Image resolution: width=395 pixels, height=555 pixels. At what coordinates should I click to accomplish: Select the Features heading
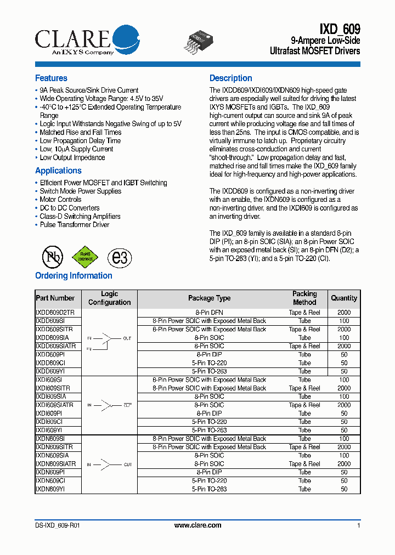(51, 78)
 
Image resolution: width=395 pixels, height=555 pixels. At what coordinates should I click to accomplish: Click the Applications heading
(58, 171)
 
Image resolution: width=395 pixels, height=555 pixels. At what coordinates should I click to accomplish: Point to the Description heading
(230, 78)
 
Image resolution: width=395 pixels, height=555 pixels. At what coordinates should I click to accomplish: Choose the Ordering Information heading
(74, 276)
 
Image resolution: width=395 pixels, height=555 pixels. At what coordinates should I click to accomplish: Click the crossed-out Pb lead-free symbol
(53, 256)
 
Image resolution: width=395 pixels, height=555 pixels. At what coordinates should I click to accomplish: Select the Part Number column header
(55, 298)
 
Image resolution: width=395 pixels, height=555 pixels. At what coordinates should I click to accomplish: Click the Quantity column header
(344, 298)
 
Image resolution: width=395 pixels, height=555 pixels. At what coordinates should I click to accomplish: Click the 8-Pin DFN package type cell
(209, 313)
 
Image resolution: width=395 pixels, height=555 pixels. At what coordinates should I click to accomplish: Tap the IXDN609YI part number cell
(50, 489)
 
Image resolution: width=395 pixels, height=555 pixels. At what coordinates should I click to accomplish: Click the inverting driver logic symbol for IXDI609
(109, 405)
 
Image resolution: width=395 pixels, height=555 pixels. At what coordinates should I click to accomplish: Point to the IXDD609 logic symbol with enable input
(109, 342)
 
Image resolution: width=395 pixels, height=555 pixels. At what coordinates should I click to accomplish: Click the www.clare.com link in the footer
(198, 525)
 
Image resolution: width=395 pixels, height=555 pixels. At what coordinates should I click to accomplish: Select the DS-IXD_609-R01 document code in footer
(57, 525)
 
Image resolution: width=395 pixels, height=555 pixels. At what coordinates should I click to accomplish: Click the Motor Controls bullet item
(60, 200)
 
